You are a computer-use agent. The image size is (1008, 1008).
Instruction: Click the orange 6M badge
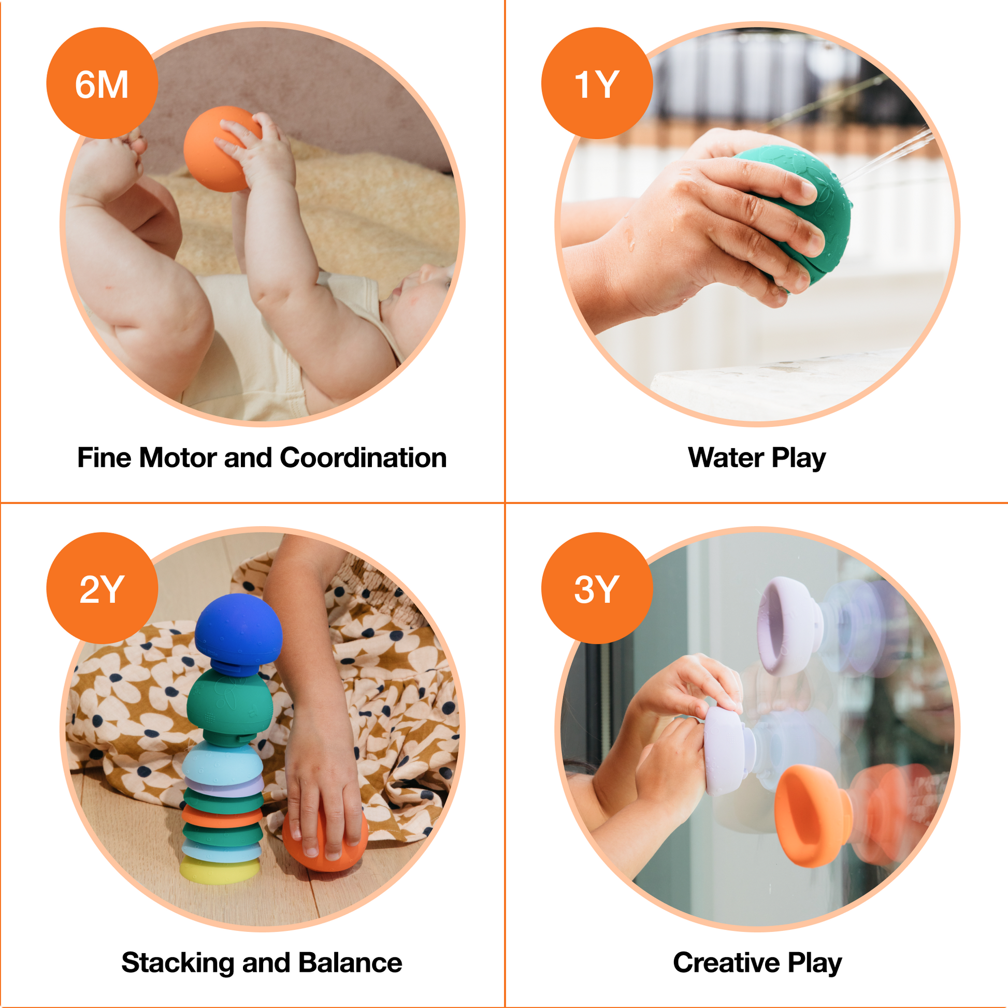tap(102, 83)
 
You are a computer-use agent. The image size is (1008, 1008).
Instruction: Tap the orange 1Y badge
tap(596, 83)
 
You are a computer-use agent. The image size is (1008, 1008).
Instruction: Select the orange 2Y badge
tap(102, 588)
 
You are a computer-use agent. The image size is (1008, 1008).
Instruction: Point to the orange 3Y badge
tap(596, 588)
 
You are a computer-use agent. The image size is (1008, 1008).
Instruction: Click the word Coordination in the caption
tap(363, 458)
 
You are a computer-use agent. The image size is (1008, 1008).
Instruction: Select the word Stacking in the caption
tap(177, 963)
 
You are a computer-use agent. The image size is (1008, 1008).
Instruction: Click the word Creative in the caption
tap(726, 963)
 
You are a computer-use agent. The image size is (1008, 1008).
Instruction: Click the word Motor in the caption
tap(177, 458)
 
